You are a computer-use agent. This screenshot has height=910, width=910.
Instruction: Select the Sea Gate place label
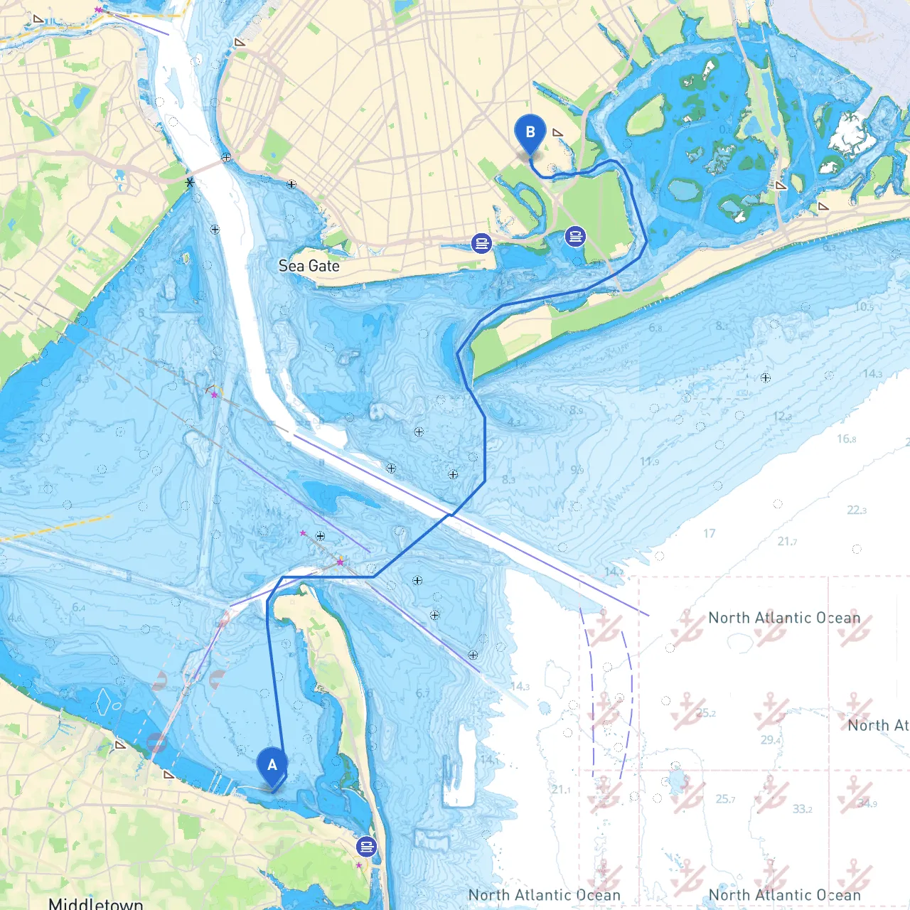pos(309,266)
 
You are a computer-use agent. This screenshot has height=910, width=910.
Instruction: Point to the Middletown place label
pos(96,903)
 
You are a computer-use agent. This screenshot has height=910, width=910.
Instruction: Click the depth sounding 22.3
pos(857,510)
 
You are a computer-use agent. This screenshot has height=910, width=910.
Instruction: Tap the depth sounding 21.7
pos(787,541)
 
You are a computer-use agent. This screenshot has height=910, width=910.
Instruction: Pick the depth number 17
pos(709,533)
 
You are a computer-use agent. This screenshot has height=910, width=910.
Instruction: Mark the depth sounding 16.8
pos(846,439)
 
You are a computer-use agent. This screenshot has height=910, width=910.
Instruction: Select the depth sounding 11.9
pos(649,461)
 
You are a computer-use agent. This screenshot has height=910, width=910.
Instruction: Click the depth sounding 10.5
pos(864,306)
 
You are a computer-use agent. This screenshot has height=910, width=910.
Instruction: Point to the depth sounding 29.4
pos(771,739)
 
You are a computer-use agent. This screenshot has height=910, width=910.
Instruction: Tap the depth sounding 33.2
pos(802,809)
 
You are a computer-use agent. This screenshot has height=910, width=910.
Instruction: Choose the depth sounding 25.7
pos(725,799)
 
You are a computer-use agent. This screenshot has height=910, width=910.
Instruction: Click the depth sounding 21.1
pos(560,789)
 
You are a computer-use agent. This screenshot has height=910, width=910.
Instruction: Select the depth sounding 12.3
pos(782,416)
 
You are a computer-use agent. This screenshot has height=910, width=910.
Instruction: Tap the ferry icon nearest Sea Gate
pos(481,244)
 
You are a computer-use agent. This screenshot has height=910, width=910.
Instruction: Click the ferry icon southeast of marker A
pos(366,847)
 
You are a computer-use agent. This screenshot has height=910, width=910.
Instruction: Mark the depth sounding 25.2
pos(705,712)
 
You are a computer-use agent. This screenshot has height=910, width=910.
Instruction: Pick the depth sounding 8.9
pos(576,410)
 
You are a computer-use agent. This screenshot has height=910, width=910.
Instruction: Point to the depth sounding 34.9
pos(867,803)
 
